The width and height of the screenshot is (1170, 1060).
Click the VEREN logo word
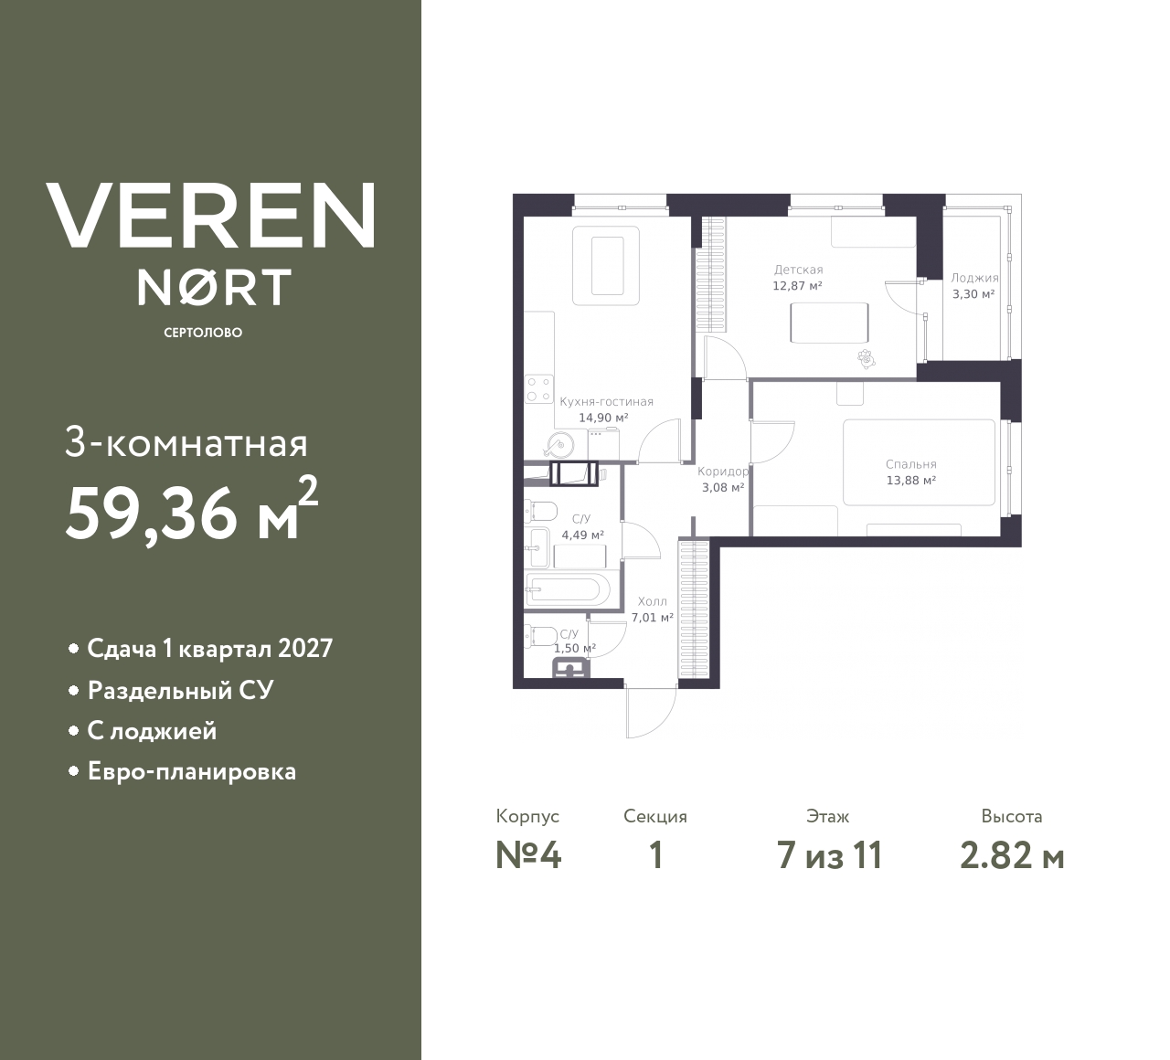[x=210, y=216]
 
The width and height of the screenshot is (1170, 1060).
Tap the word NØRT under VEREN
[x=214, y=287]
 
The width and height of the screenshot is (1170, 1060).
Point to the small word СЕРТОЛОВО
[x=203, y=333]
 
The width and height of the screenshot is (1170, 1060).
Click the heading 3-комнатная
[x=186, y=444]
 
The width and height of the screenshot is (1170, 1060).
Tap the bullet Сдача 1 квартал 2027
[x=209, y=649]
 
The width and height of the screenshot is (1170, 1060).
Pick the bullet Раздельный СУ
[x=180, y=690]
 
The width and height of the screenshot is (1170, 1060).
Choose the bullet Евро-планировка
[x=191, y=771]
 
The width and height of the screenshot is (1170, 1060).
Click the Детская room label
[x=798, y=270]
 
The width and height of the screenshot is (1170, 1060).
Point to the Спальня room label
[x=910, y=464]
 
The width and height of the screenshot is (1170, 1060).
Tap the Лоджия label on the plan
[x=973, y=278]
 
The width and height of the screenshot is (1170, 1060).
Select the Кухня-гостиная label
[x=606, y=401]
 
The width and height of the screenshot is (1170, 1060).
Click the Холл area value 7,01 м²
[x=653, y=618]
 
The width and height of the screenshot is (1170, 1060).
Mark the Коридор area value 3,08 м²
[x=722, y=487]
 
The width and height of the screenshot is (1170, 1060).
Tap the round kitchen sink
[x=556, y=445]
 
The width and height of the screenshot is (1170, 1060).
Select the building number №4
[x=528, y=855]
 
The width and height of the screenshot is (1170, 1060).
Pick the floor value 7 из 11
[x=829, y=855]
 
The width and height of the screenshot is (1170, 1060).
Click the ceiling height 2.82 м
[x=1012, y=855]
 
